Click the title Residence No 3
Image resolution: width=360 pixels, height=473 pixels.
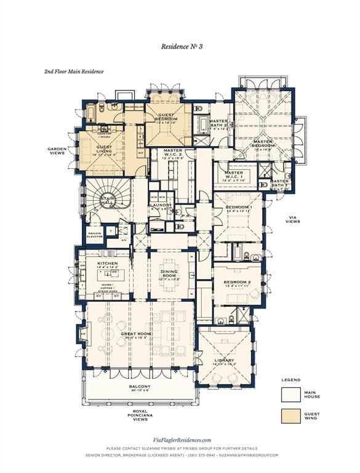click(182, 46)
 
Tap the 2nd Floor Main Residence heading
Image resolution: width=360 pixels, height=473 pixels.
click(73, 71)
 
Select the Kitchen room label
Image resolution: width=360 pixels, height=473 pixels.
click(107, 264)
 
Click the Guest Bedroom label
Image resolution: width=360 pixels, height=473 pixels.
click(167, 118)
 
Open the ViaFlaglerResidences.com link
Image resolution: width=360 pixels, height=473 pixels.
click(182, 440)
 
